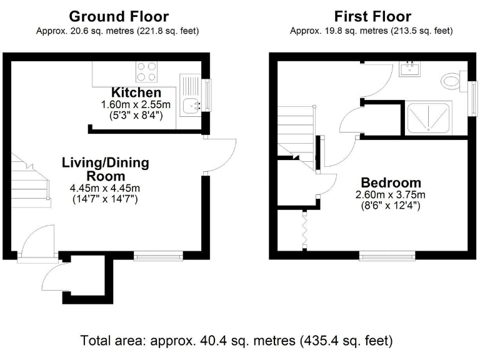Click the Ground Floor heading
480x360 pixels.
[x=118, y=16]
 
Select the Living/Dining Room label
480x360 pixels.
[x=105, y=169]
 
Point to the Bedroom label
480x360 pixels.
[x=391, y=183]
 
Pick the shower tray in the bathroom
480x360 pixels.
[x=429, y=117]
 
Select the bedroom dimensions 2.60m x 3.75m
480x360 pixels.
[x=391, y=194]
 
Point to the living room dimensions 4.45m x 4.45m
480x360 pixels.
[x=105, y=188]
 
